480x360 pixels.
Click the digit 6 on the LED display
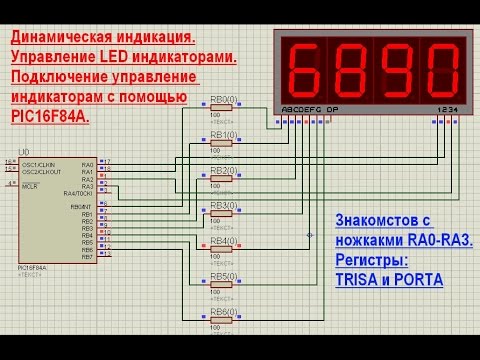tap(305, 67)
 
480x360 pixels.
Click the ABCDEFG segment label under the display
tap(301, 109)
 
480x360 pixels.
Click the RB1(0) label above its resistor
tap(223, 133)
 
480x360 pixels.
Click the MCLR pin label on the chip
tap(29, 186)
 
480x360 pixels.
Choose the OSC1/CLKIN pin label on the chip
tap(41, 164)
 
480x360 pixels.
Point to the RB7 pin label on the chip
tap(87, 257)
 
